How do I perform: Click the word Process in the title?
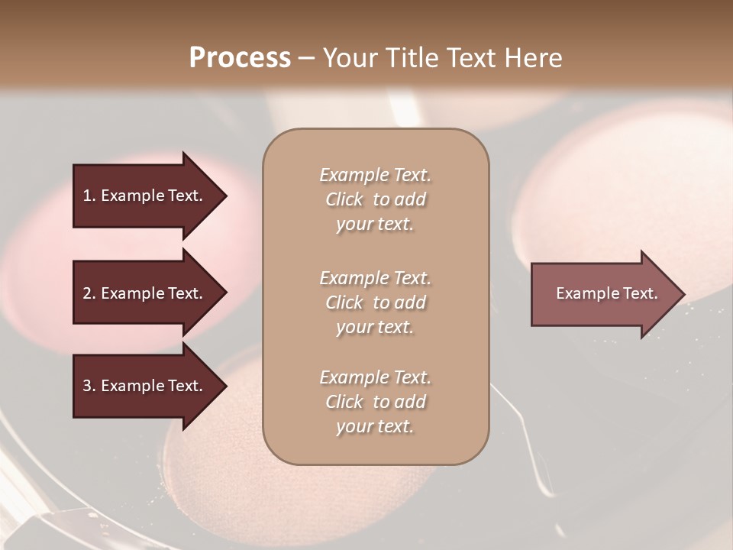tap(240, 58)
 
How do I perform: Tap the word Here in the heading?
tap(534, 58)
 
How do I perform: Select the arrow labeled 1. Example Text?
tap(145, 196)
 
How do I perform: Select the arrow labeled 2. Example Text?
tap(145, 293)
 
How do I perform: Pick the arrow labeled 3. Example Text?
tap(145, 386)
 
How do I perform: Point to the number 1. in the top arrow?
tap(89, 196)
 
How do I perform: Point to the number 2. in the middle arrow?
tap(89, 293)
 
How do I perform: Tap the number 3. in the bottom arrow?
tap(89, 386)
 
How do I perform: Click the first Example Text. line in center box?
tap(375, 175)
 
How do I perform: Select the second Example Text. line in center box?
tap(375, 278)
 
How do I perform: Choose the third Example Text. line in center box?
tap(375, 377)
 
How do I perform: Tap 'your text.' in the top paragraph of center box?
tap(375, 225)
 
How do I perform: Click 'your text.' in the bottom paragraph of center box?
tap(375, 427)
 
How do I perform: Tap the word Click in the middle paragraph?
tap(344, 302)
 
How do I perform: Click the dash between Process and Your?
tap(306, 58)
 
